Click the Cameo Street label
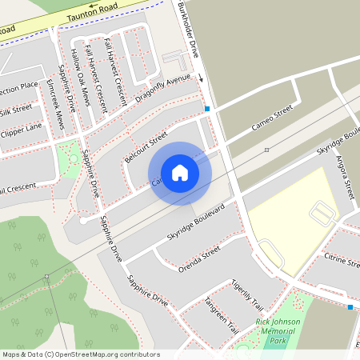(x=272, y=117)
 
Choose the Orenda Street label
(x=199, y=259)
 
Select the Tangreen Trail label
(x=222, y=314)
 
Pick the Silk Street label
(x=15, y=108)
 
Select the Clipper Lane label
(x=22, y=128)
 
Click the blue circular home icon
(x=180, y=173)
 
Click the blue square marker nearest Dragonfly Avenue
(x=207, y=109)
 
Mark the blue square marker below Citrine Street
(x=350, y=306)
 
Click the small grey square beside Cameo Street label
(x=266, y=150)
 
